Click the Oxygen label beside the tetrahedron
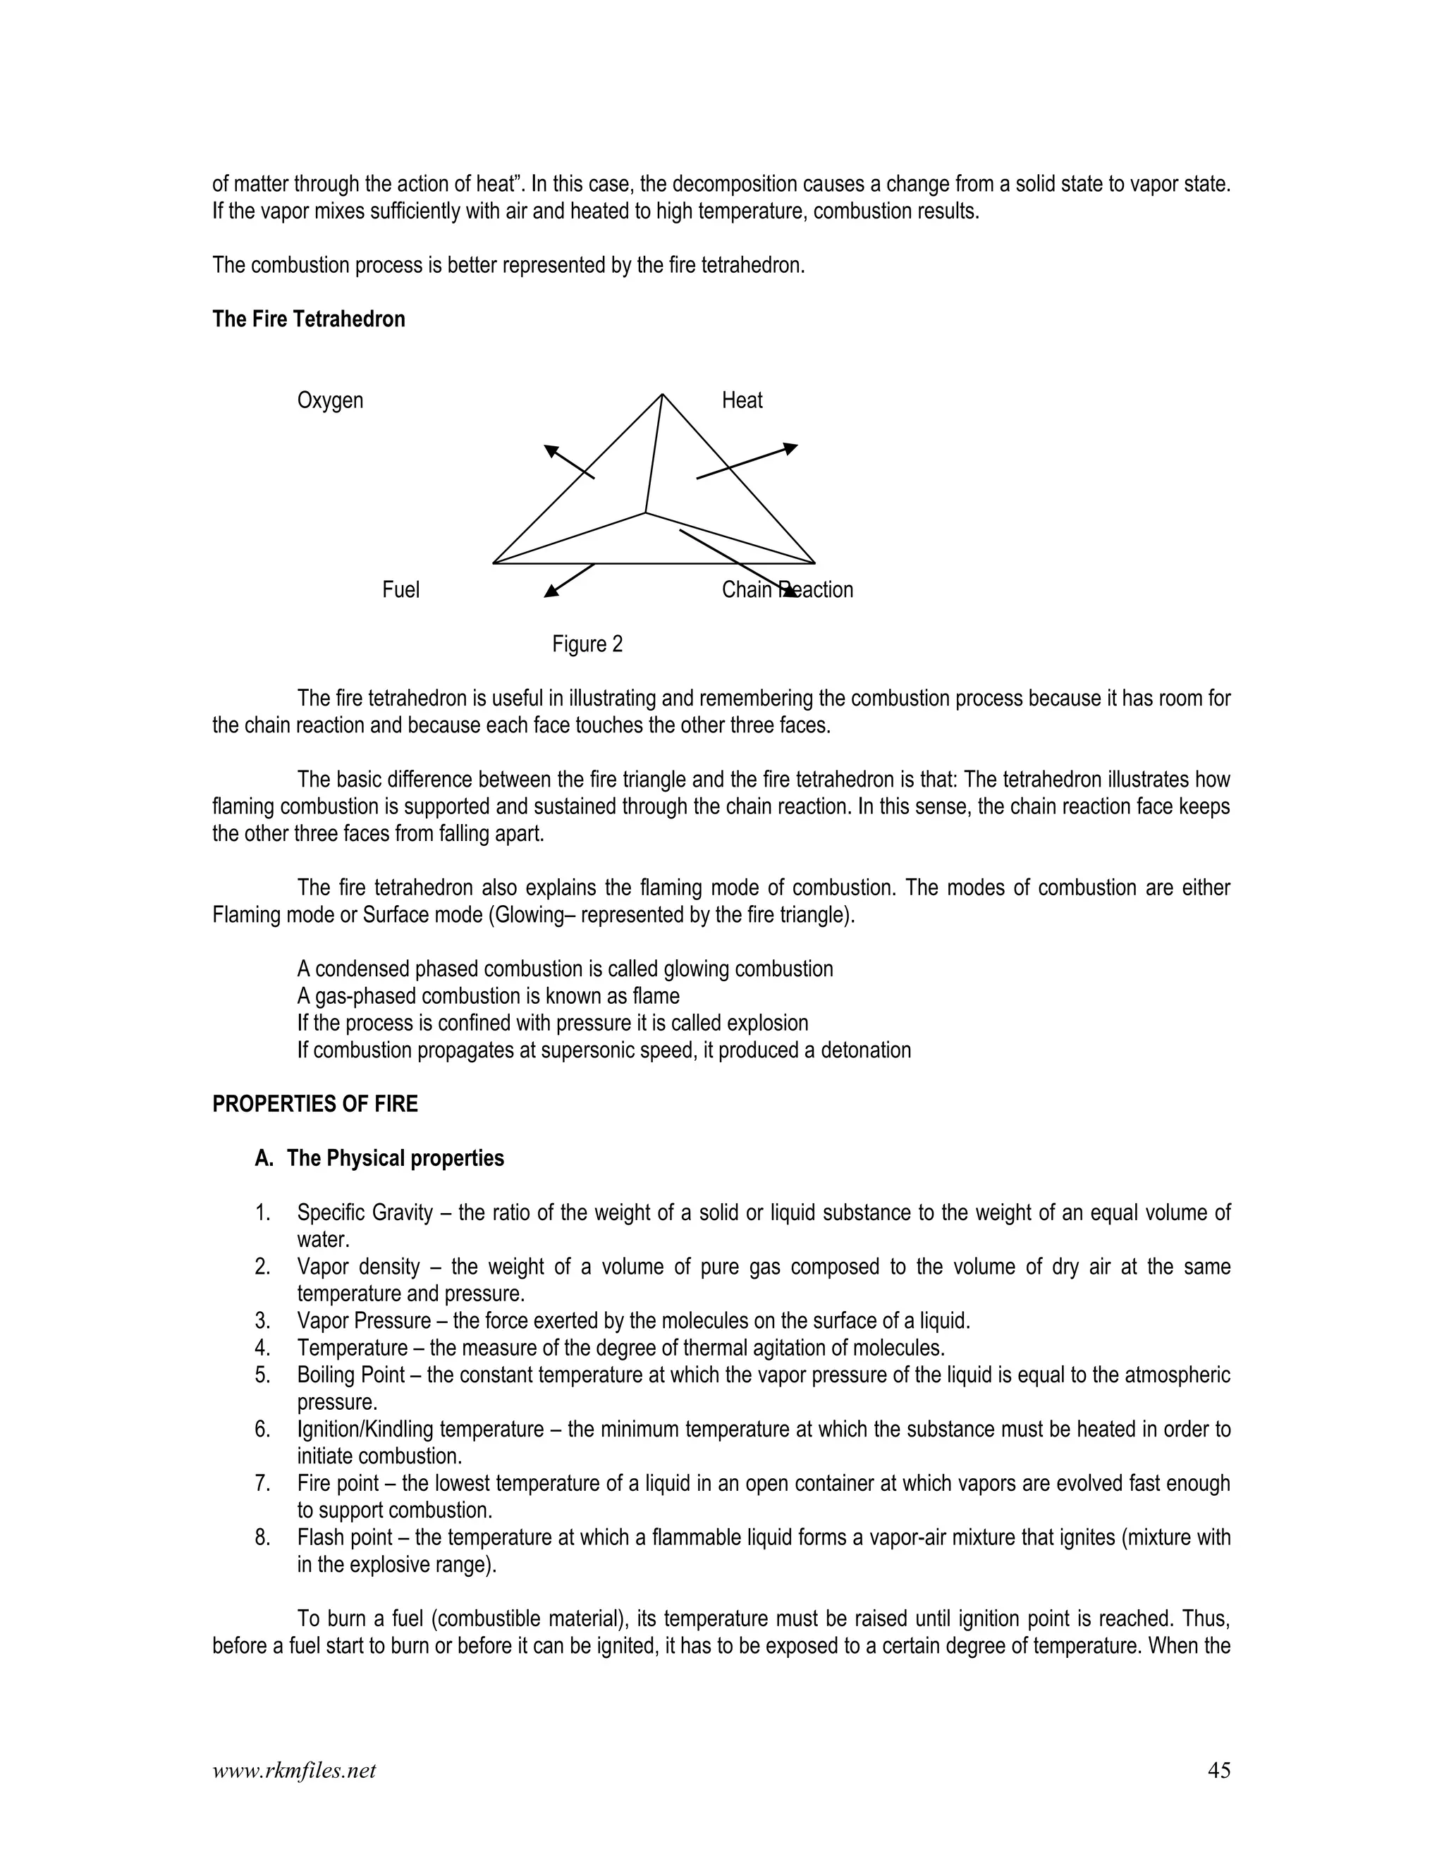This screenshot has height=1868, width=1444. [329, 400]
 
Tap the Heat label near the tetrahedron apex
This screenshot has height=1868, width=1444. [742, 400]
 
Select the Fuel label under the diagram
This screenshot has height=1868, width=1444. [400, 590]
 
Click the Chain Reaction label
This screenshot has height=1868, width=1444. [787, 590]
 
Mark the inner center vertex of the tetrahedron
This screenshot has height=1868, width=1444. [645, 513]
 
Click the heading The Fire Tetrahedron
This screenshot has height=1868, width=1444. [308, 319]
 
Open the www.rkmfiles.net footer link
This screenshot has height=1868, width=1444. [293, 1771]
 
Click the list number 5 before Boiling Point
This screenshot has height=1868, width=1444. [262, 1375]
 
